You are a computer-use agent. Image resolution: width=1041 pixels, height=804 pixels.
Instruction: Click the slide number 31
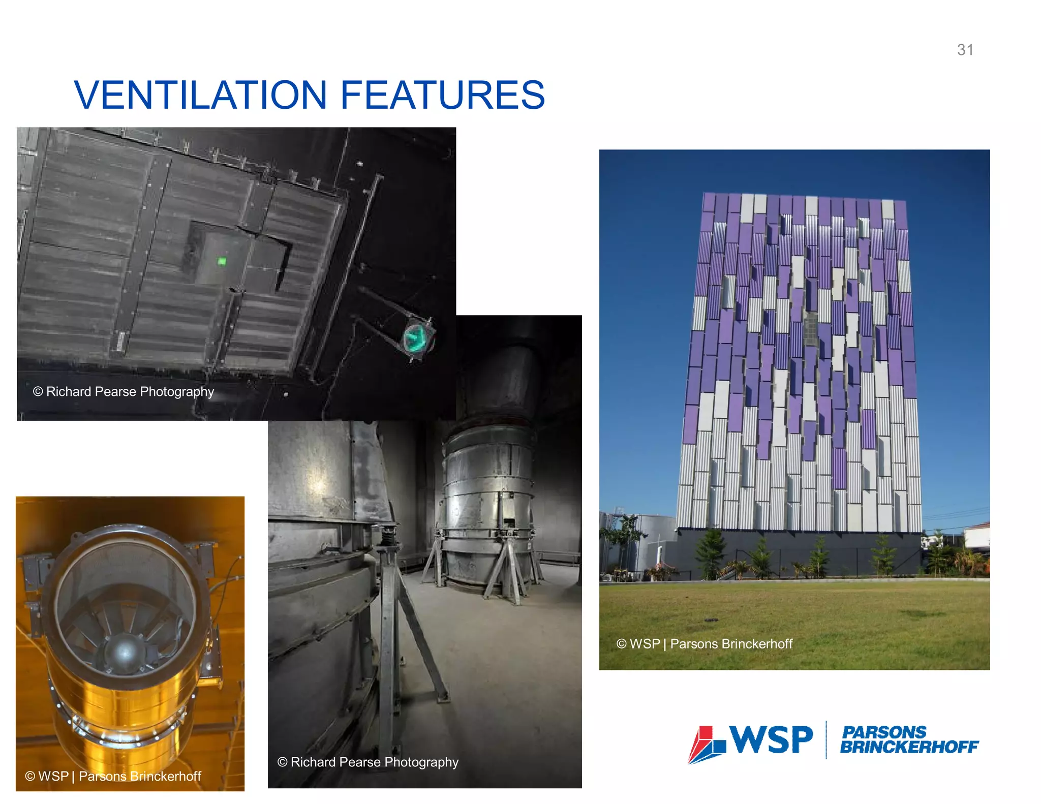(965, 50)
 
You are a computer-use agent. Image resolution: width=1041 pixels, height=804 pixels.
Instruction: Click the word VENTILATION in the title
(200, 95)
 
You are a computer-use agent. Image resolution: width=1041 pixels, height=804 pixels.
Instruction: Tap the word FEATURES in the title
(442, 95)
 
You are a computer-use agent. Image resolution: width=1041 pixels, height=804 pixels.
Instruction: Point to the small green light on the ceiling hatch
(222, 261)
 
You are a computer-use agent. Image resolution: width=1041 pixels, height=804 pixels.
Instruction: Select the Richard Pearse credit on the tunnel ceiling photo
(124, 392)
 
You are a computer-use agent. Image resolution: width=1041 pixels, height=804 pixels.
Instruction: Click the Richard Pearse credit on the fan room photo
(368, 762)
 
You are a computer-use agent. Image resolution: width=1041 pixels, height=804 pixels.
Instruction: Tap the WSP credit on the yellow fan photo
(113, 776)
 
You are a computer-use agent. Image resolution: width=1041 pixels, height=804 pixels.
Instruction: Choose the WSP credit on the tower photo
(705, 644)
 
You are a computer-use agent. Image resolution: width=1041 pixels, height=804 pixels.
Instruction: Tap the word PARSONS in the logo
(884, 732)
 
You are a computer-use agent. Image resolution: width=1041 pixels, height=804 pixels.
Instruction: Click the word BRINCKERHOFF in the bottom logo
(909, 747)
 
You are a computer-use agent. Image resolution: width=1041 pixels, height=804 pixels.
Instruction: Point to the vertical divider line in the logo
(826, 739)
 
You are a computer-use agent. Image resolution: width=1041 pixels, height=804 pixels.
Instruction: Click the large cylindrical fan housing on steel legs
(488, 488)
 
